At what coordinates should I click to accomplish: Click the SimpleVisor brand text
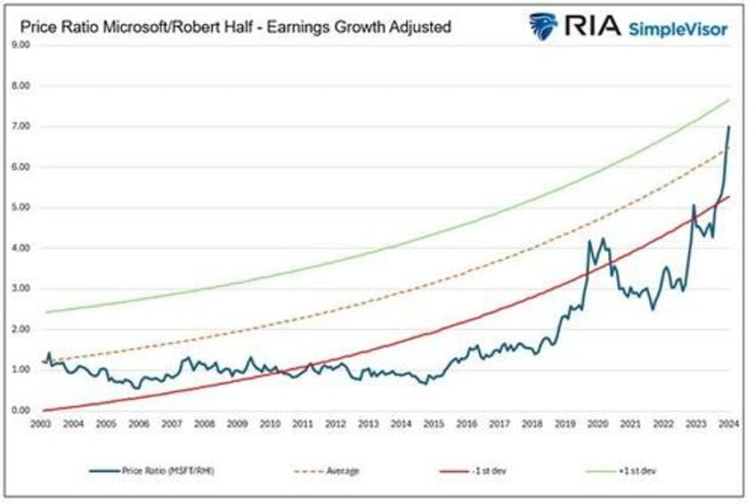pos(678,29)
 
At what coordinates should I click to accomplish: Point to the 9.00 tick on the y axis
pos(20,45)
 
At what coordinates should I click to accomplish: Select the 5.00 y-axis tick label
pos(20,207)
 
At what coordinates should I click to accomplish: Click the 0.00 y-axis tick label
pos(20,411)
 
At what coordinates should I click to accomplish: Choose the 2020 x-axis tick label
pos(597,424)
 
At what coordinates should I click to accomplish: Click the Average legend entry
pos(341,470)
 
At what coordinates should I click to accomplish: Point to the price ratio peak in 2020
pos(589,240)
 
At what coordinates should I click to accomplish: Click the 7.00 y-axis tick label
pos(20,126)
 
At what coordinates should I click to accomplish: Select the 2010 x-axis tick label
pos(270,424)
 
